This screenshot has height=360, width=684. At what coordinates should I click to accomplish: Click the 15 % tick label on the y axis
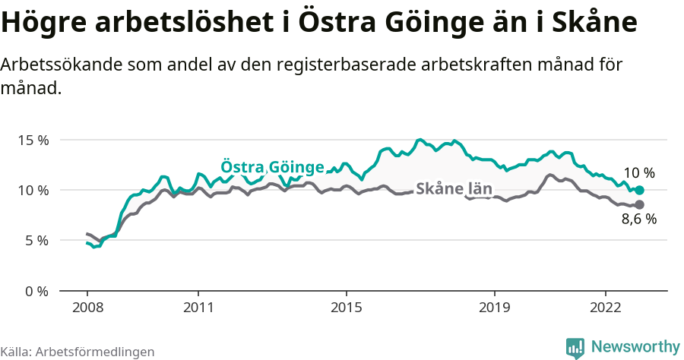[x=33, y=141]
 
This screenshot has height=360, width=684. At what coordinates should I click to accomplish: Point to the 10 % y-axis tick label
[x=33, y=191]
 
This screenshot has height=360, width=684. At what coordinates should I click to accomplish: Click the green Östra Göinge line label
[x=272, y=167]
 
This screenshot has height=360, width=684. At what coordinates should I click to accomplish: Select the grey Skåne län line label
[x=454, y=189]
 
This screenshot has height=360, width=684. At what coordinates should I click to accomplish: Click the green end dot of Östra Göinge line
[x=639, y=190]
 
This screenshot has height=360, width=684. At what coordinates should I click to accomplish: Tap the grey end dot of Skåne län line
[x=639, y=205]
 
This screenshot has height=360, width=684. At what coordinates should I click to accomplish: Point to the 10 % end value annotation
[x=638, y=173]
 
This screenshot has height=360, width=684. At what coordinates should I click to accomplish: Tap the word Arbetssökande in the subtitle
[x=54, y=65]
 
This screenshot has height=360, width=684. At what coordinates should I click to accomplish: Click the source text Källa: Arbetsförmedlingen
[x=78, y=352]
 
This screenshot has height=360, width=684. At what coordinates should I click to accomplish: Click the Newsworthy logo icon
[x=575, y=347]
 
